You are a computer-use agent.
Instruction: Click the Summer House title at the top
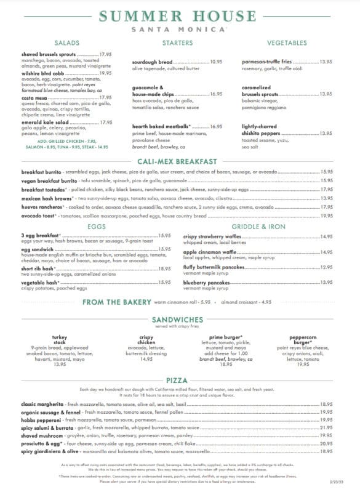(180, 17)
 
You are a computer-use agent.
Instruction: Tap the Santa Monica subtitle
(180, 30)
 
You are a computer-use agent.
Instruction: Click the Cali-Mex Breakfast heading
(180, 161)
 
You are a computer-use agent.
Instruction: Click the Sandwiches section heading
(180, 321)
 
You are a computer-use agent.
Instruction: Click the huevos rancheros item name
(41, 207)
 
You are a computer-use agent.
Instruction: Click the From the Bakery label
(117, 302)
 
